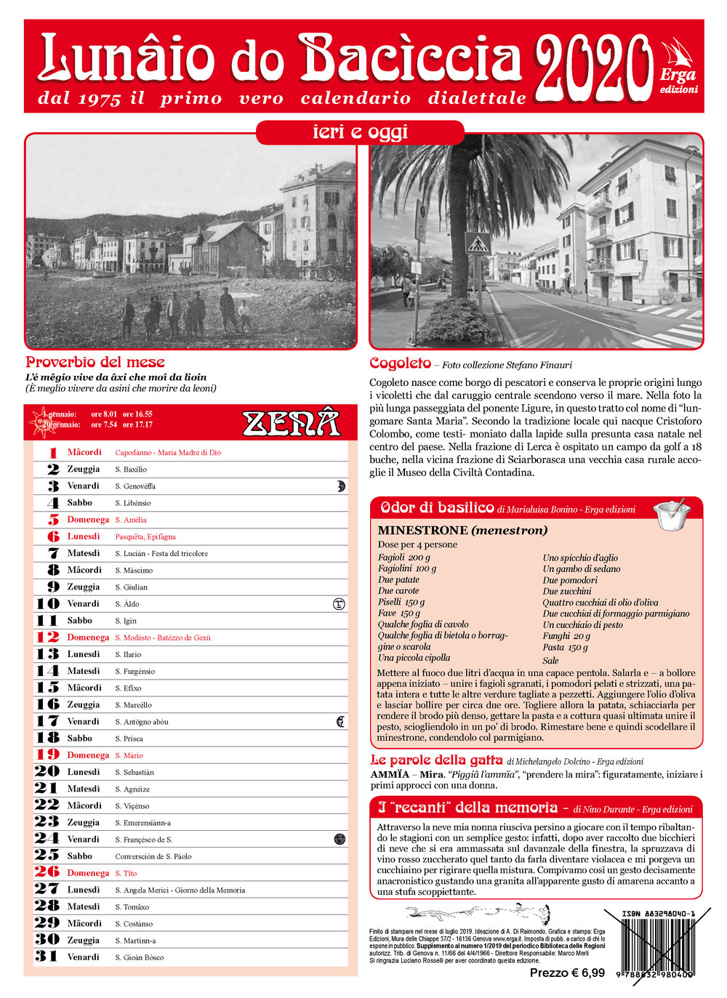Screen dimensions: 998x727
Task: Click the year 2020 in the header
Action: [593, 68]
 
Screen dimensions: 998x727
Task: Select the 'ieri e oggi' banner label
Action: [360, 132]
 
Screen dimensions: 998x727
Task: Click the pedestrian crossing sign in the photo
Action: [478, 244]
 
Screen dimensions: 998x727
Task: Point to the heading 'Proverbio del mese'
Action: [95, 362]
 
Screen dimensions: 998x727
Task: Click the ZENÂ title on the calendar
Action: [291, 422]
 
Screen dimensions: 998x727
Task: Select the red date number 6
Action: [53, 536]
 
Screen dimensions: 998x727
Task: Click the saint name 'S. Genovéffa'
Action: [135, 486]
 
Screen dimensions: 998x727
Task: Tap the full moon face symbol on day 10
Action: [338, 603]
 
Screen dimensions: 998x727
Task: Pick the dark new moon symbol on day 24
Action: [339, 839]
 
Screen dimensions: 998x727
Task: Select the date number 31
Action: [47, 957]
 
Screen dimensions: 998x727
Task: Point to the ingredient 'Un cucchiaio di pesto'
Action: [582, 624]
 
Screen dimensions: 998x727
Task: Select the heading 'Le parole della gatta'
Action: [436, 760]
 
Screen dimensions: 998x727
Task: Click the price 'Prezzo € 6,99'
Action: [567, 973]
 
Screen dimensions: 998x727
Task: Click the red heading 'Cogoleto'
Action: [400, 363]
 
